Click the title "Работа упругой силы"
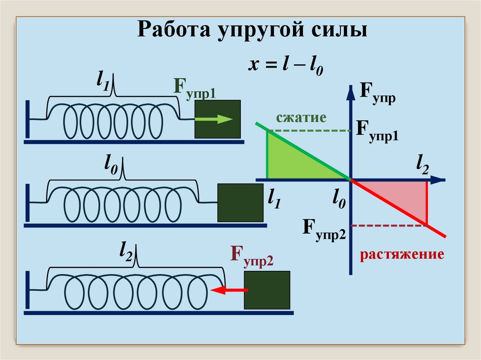251,31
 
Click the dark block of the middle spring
240,202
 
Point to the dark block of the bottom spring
267,290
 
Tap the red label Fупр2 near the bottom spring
251,255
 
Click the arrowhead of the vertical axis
350,91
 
